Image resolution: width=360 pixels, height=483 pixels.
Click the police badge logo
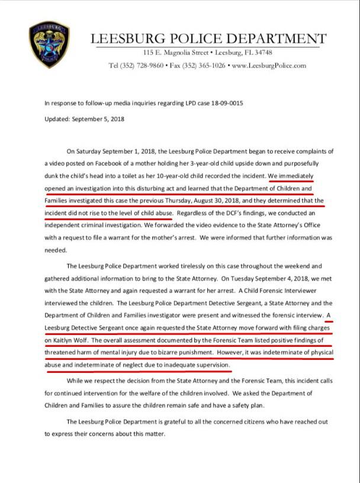(49, 44)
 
